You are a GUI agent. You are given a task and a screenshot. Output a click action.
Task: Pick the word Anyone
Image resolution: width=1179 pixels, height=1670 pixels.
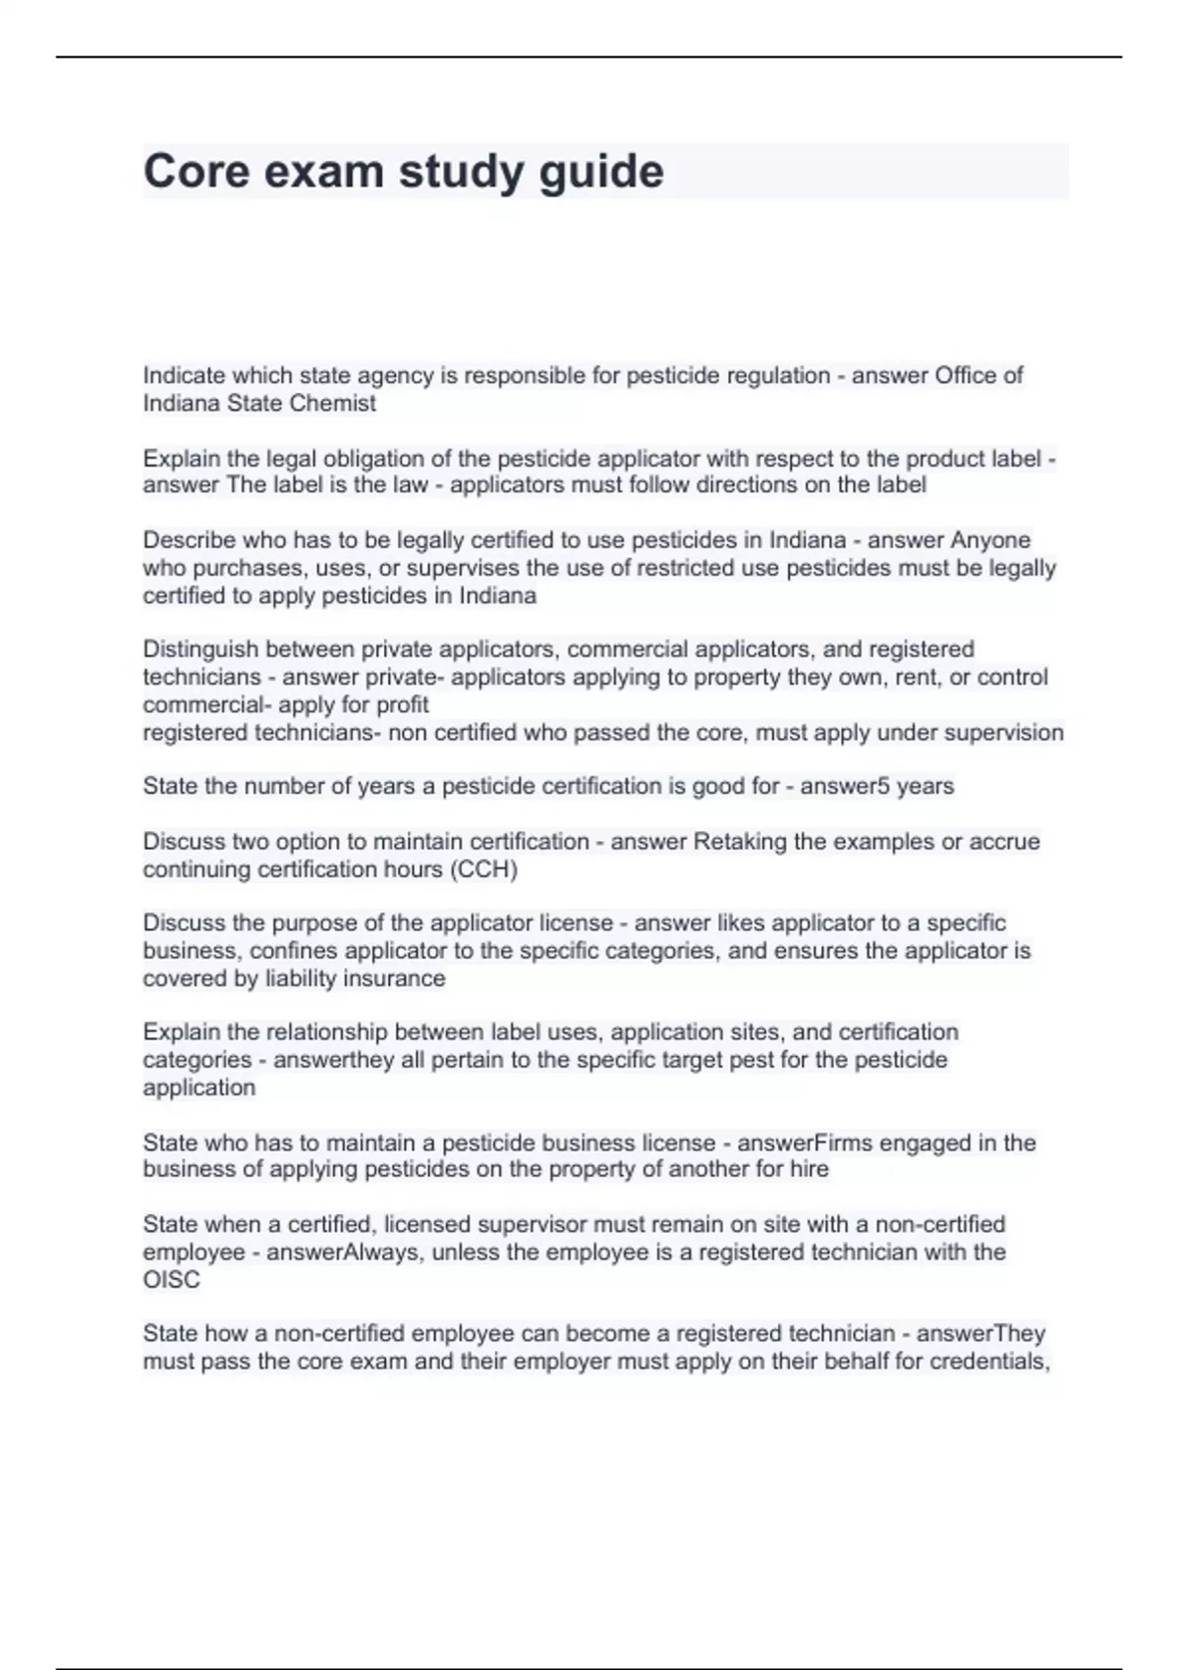(x=990, y=540)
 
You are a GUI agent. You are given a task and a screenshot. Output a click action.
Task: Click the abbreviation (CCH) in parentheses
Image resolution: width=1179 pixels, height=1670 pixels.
(x=483, y=869)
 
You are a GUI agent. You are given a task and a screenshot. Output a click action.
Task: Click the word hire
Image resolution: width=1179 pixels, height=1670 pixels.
(x=809, y=1169)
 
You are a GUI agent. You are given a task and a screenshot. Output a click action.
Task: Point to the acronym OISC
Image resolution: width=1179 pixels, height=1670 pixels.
(x=171, y=1280)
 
